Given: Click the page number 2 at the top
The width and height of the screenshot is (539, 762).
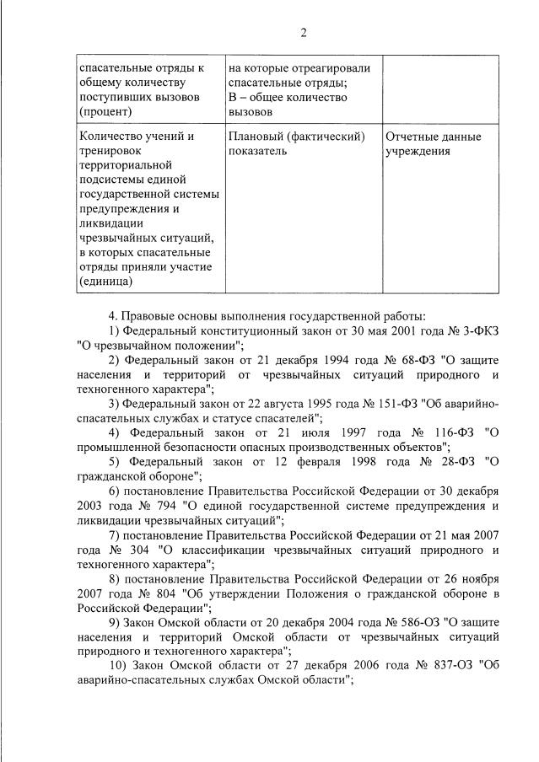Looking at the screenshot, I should [x=303, y=33].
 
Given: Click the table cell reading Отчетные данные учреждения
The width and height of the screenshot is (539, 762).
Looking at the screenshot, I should [x=433, y=143].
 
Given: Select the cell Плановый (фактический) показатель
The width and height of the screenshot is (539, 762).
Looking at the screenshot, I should [x=296, y=143].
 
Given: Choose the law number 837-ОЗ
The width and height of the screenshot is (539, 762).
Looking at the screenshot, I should [x=445, y=666].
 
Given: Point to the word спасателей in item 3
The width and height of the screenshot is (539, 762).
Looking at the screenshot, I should [x=286, y=417].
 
